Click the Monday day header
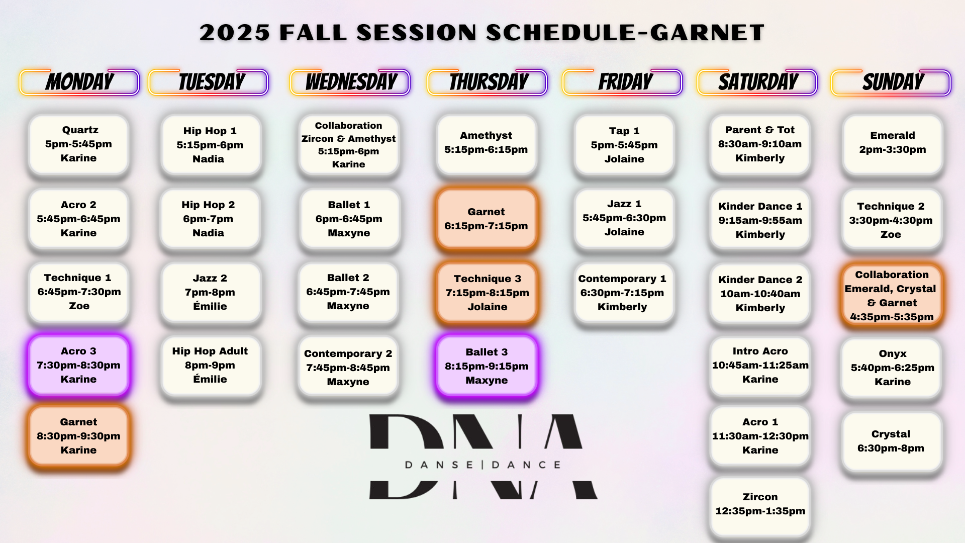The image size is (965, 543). click(x=79, y=82)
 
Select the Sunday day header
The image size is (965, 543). click(x=891, y=82)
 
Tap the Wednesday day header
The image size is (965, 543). click(x=350, y=82)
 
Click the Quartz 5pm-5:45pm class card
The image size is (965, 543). click(x=79, y=144)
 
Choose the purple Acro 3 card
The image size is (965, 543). click(x=79, y=365)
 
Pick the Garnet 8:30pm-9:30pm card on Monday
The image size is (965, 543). click(x=79, y=436)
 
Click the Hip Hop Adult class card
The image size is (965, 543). click(x=211, y=366)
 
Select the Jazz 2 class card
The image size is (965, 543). click(x=211, y=292)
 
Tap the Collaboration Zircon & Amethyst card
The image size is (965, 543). click(x=349, y=145)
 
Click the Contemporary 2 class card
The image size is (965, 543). click(x=348, y=368)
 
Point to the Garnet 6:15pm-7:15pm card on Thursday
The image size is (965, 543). click(x=487, y=219)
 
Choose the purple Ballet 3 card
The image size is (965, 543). click(x=487, y=366)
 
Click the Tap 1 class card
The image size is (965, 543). click(x=624, y=145)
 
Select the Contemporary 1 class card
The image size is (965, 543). click(x=623, y=293)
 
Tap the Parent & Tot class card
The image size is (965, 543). click(x=760, y=144)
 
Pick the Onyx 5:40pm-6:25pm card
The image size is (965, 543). click(x=892, y=368)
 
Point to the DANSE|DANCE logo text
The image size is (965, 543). click(x=482, y=465)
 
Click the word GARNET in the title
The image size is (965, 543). click(x=707, y=33)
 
